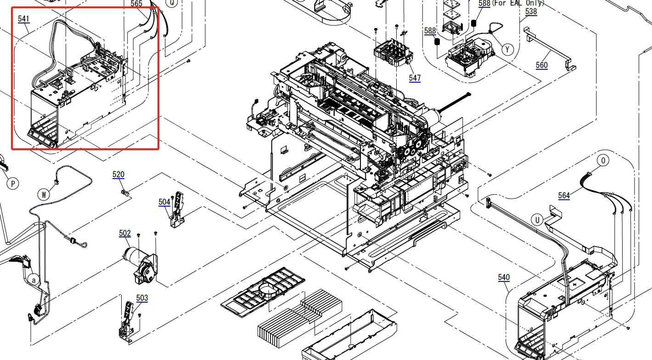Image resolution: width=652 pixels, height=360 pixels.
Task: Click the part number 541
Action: point(23,19)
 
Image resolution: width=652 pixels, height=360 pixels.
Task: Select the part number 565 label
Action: point(136,4)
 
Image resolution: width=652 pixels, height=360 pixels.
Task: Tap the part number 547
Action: point(415,78)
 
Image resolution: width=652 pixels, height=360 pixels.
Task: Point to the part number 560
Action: point(542,65)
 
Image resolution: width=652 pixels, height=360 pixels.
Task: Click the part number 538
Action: point(531,11)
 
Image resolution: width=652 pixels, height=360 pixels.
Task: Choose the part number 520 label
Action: point(118,174)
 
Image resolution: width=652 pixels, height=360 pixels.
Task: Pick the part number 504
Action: point(164,202)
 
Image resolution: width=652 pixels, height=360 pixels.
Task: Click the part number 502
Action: point(125,233)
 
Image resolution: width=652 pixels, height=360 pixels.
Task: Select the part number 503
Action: point(142,298)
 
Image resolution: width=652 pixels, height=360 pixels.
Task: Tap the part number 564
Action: point(564,196)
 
